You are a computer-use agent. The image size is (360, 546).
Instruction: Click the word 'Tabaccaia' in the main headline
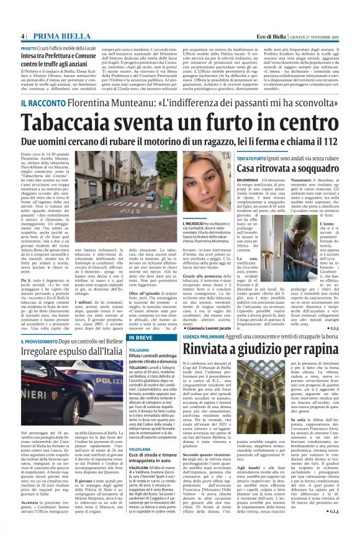click(x=68, y=123)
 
